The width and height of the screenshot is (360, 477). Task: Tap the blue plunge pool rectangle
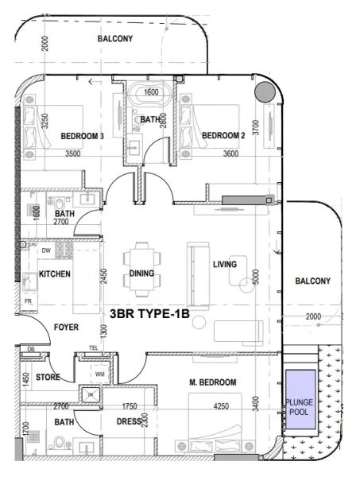(300, 401)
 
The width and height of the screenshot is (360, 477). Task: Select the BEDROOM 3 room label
(83, 136)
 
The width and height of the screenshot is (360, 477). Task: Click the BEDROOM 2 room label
(222, 136)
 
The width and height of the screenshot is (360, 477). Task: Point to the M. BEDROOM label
(213, 382)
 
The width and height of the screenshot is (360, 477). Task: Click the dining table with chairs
(141, 259)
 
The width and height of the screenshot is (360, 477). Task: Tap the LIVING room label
(226, 264)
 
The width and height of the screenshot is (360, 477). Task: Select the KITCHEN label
(55, 274)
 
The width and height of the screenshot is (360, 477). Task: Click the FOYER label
(67, 327)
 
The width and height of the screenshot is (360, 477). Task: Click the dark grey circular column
(262, 93)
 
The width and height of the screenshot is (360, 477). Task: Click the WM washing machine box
(99, 372)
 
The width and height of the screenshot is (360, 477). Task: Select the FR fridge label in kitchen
(28, 303)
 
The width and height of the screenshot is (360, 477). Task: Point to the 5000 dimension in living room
(256, 277)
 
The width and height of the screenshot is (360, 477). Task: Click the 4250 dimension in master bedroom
(226, 406)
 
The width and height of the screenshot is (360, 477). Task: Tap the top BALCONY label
(115, 39)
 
